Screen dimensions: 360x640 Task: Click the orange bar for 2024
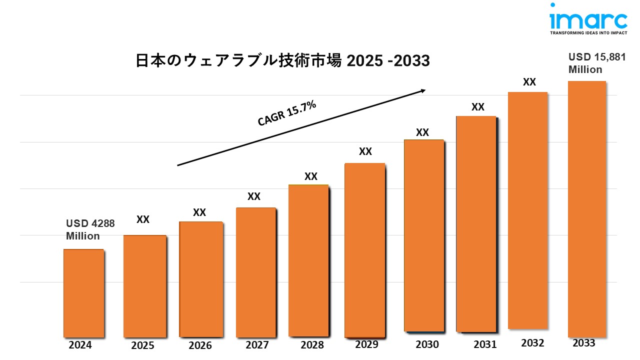(x=83, y=293)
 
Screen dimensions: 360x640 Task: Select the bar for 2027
(x=255, y=272)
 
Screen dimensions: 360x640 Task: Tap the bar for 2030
(x=423, y=235)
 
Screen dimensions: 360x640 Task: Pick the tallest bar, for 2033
(x=586, y=209)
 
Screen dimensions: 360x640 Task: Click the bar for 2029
(x=365, y=250)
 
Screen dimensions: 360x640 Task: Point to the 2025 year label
(x=142, y=345)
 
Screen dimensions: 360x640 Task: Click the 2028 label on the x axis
(x=312, y=345)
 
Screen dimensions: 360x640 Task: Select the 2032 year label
(x=532, y=343)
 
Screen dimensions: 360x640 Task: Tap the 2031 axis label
(x=484, y=344)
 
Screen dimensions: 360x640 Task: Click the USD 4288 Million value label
(x=90, y=229)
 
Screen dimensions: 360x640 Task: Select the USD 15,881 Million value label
(x=596, y=63)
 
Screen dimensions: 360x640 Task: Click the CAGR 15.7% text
(x=287, y=113)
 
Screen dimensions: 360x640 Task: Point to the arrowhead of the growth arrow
(x=423, y=90)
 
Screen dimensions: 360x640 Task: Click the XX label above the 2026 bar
(x=199, y=212)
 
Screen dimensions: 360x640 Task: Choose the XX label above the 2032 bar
(x=529, y=82)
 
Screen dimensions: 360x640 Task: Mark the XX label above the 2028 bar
(x=311, y=176)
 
